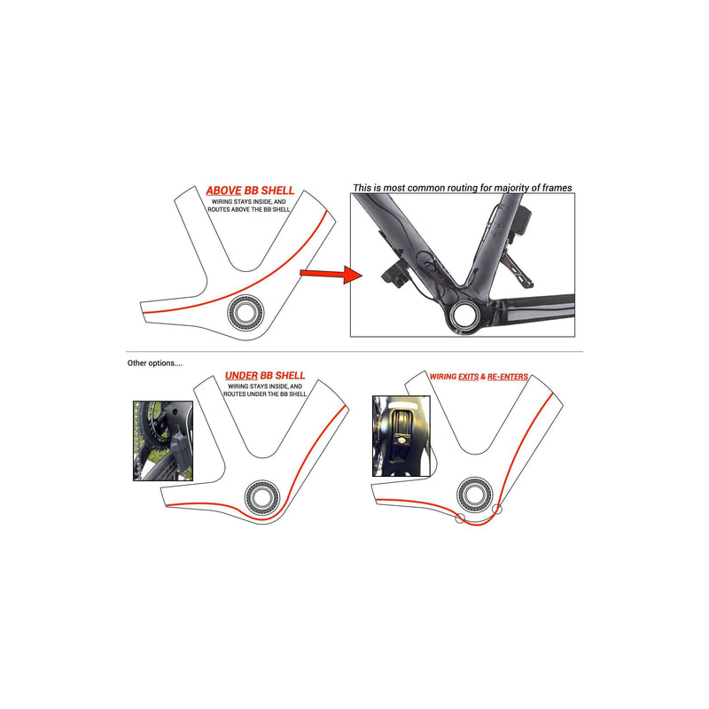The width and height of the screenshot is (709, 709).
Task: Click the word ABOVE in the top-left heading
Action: tap(222, 191)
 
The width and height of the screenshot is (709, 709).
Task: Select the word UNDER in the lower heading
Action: tap(240, 376)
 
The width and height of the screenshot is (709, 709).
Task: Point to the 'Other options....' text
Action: tap(155, 363)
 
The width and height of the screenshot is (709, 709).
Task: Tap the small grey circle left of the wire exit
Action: tap(458, 518)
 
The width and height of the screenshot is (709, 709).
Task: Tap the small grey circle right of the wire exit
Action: tap(497, 509)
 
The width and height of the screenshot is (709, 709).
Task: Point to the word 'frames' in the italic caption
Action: tap(554, 188)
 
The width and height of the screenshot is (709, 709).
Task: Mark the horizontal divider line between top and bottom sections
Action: tap(354, 351)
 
